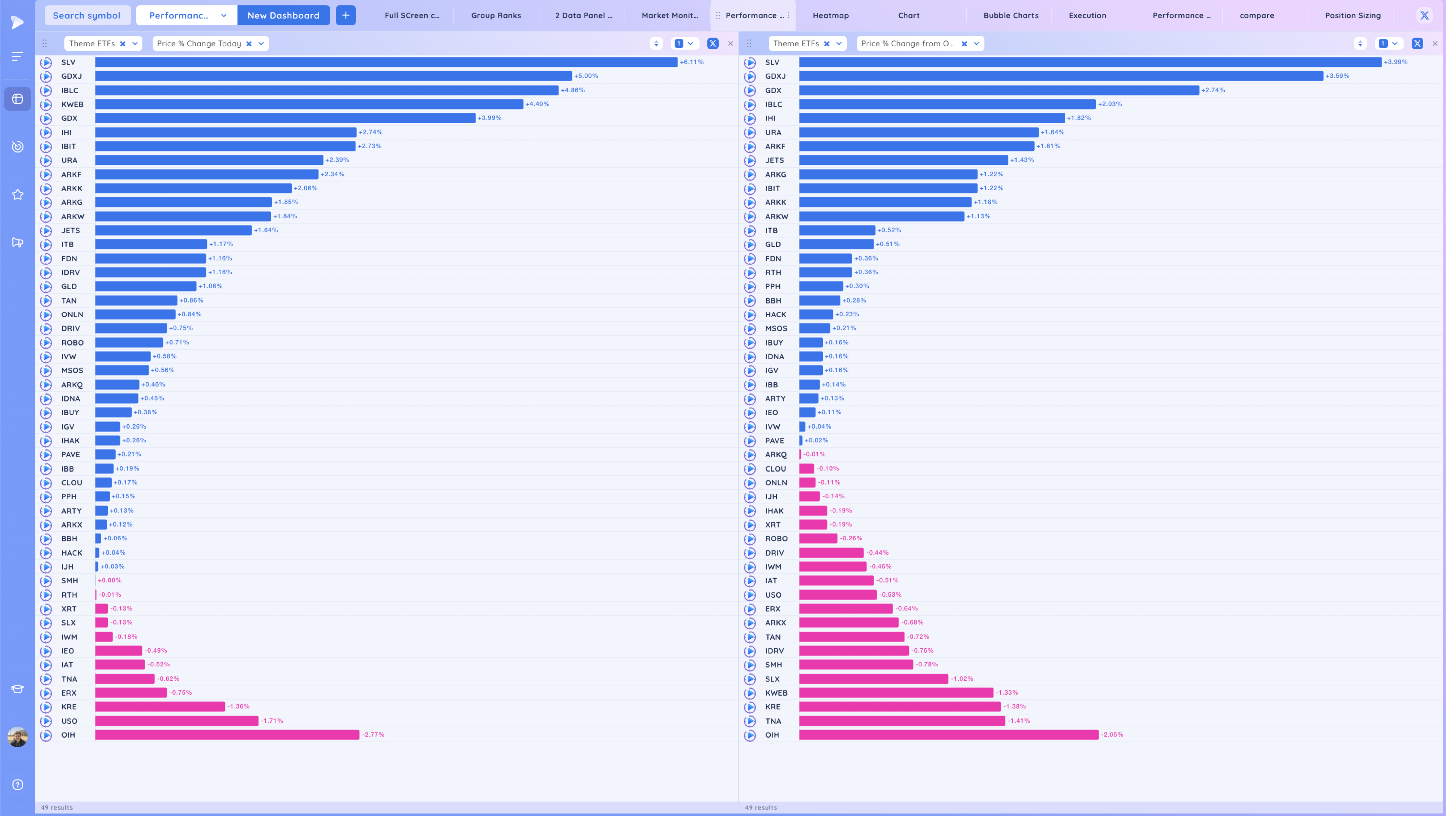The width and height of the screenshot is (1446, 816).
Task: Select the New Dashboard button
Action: pos(283,15)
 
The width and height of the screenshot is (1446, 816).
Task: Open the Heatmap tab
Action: pos(830,15)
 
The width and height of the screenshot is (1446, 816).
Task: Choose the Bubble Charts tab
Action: pos(1010,15)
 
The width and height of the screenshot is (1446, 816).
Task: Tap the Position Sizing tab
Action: pos(1352,15)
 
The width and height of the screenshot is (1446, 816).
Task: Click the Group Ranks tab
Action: pos(496,15)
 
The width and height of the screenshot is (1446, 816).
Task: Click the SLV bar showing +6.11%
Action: pos(386,62)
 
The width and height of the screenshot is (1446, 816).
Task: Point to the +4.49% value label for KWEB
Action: pos(537,104)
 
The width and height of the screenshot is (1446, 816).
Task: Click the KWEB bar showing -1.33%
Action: pos(896,692)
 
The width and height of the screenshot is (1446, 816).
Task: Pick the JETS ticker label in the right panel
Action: pos(774,160)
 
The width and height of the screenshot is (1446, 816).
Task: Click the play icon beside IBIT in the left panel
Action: pos(46,146)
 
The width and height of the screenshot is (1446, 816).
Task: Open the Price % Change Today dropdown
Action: pos(260,44)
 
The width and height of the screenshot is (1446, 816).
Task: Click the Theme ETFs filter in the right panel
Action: pos(796,44)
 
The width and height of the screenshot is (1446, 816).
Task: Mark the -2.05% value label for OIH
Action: pos(1112,735)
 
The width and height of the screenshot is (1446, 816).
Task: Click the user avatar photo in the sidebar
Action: pos(17,737)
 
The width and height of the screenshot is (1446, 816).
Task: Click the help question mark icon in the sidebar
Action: pos(17,785)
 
